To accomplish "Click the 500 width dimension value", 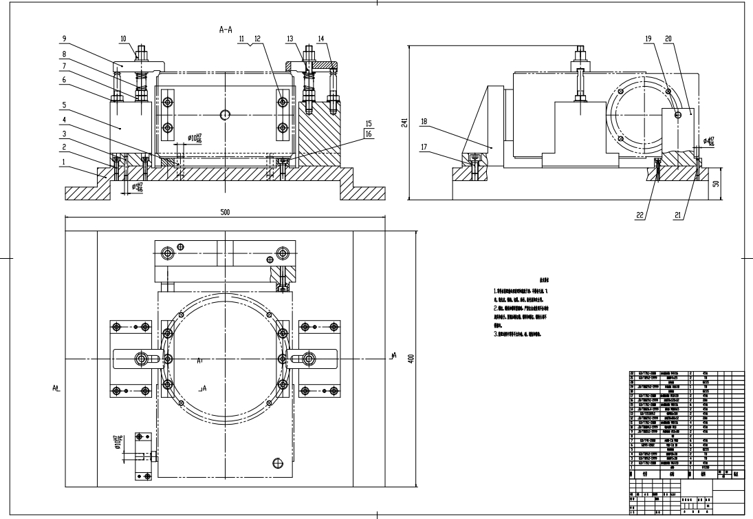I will point(225,212).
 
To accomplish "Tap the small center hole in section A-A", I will point(224,114).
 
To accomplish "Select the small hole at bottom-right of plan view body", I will point(278,462).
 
